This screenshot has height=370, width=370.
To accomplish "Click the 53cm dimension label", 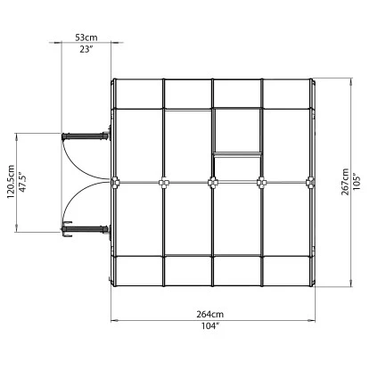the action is tap(86, 37).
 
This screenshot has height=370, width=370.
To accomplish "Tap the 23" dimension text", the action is tap(86, 49).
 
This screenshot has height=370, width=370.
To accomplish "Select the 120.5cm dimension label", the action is tap(12, 182).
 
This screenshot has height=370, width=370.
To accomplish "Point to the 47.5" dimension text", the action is tap(23, 182).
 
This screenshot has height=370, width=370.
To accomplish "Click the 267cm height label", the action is tap(345, 182).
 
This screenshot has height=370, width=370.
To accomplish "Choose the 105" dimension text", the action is tap(357, 182).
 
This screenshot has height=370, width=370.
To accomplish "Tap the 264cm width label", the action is tap(210, 314).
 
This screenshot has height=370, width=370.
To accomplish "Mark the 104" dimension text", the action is tap(210, 326).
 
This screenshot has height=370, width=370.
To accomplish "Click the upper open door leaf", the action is tap(86, 136).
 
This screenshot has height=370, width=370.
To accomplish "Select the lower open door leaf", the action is tap(86, 229).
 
